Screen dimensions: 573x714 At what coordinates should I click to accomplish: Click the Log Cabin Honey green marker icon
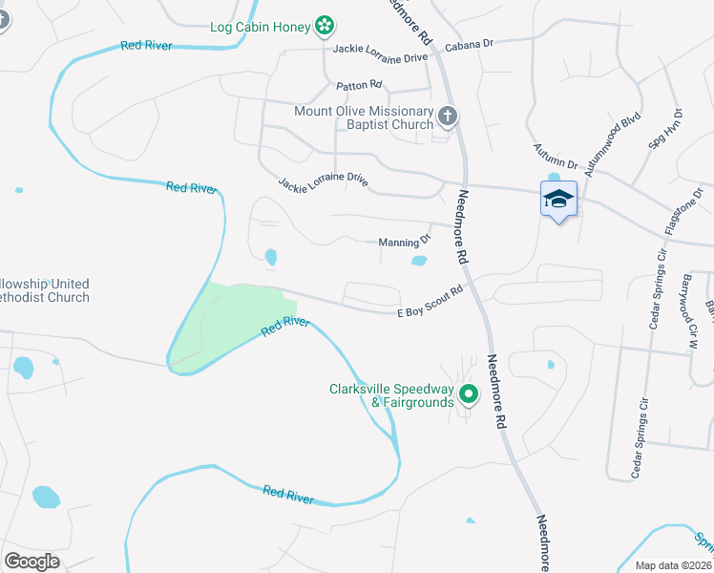[325, 26]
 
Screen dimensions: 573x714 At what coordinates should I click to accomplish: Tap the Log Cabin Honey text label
[261, 27]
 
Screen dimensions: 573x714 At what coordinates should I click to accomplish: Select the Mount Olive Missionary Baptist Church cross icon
[448, 117]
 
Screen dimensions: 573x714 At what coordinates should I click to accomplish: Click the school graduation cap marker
[558, 200]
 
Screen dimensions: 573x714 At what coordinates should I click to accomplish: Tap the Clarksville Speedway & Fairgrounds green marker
[468, 393]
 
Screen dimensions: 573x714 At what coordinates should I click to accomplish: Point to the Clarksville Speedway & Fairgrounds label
[391, 395]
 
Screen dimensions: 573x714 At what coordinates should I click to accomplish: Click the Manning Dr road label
[406, 242]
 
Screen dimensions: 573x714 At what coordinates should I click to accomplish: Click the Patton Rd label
[359, 85]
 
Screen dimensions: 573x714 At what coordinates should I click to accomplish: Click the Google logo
[32, 561]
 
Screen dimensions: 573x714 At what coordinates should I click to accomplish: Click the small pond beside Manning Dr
[419, 260]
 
